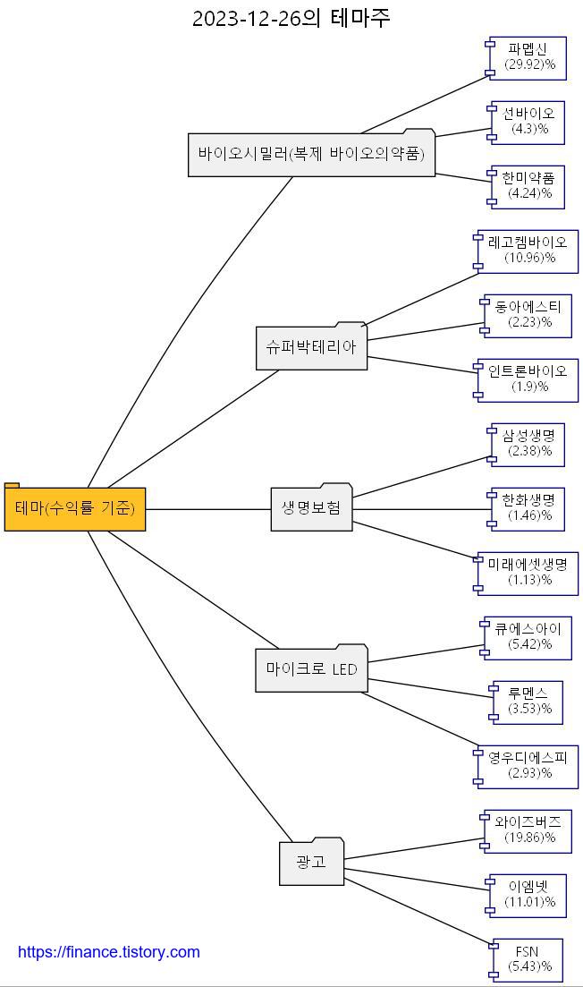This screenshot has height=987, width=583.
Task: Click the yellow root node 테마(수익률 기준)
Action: click(75, 509)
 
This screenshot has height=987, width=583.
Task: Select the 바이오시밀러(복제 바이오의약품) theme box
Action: click(311, 154)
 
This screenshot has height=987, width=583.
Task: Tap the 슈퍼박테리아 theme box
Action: click(311, 347)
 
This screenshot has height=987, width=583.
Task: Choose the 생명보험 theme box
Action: click(311, 508)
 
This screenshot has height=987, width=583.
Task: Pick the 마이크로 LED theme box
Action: click(311, 669)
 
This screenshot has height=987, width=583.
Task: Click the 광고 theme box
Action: click(311, 863)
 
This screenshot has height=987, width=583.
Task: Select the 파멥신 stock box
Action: click(528, 57)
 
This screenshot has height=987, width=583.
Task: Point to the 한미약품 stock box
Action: click(528, 186)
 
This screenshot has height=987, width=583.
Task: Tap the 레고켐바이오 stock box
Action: click(528, 251)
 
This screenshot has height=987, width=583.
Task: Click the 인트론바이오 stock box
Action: click(528, 379)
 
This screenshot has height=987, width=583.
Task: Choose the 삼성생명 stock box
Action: click(528, 444)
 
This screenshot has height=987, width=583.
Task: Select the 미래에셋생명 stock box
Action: click(528, 573)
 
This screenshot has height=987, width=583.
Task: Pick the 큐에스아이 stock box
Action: click(528, 637)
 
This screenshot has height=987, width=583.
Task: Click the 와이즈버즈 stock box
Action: click(528, 830)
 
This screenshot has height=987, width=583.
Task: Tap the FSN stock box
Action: click(528, 959)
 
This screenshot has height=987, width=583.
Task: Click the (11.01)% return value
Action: click(529, 902)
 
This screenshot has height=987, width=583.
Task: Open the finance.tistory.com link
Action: click(109, 952)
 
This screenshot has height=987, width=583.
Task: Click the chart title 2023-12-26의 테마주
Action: click(291, 18)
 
